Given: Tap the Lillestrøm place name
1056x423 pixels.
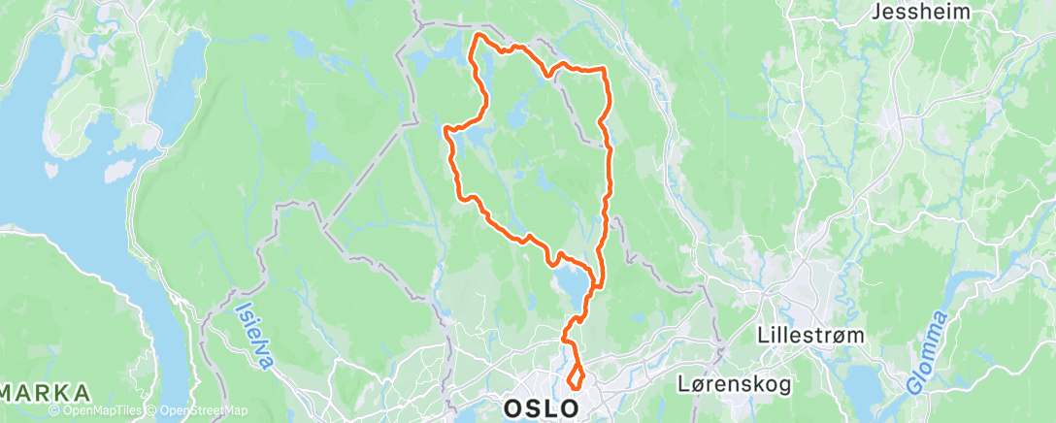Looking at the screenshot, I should [x=804, y=335].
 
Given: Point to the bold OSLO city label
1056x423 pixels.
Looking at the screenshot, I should [x=543, y=407].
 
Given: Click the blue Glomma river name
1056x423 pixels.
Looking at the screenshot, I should [x=928, y=351].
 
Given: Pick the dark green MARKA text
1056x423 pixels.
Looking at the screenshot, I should [x=46, y=393].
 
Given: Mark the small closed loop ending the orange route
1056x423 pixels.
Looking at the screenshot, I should [x=576, y=377].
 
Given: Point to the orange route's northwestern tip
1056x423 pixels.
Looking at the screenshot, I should [x=477, y=37].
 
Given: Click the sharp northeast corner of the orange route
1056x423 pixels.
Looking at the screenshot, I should [x=604, y=70].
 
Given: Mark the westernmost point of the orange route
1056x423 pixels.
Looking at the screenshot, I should [x=445, y=129].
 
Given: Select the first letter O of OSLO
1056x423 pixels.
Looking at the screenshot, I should [x=514, y=407].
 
